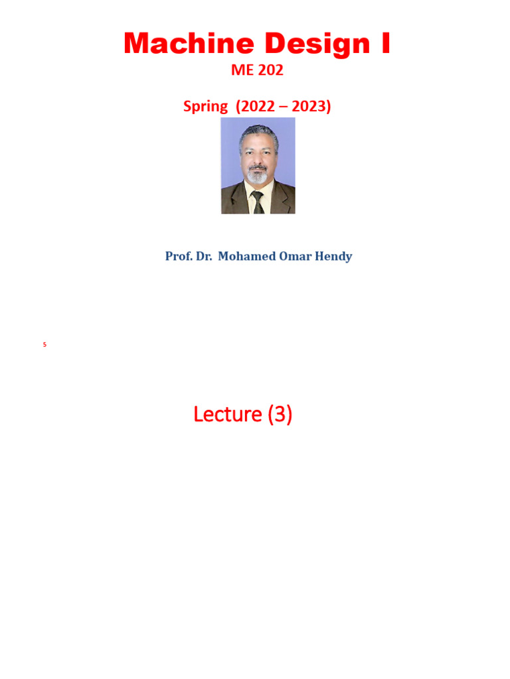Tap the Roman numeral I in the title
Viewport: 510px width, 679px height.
pyautogui.click(x=384, y=44)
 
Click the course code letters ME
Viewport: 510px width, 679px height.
pyautogui.click(x=242, y=71)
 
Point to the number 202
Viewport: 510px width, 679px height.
pyautogui.click(x=271, y=71)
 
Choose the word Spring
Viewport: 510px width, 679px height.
pyautogui.click(x=205, y=106)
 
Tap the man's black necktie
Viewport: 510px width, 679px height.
pyautogui.click(x=257, y=202)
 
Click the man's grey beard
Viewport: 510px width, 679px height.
pyautogui.click(x=258, y=176)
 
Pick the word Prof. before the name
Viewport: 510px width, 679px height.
pyautogui.click(x=178, y=257)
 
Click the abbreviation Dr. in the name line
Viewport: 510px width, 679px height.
pyautogui.click(x=203, y=257)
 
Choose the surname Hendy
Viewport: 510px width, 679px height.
pyautogui.click(x=335, y=257)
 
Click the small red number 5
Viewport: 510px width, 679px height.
pyautogui.click(x=44, y=345)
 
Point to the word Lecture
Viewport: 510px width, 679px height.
pyautogui.click(x=228, y=414)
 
